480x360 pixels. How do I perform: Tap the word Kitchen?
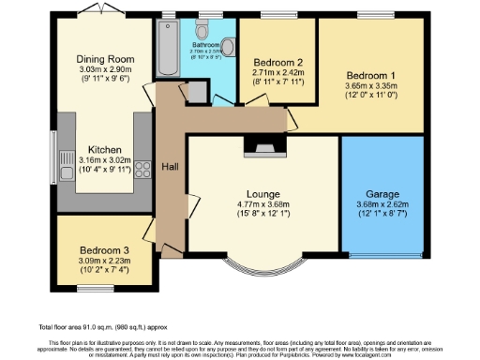[x=102, y=149]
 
